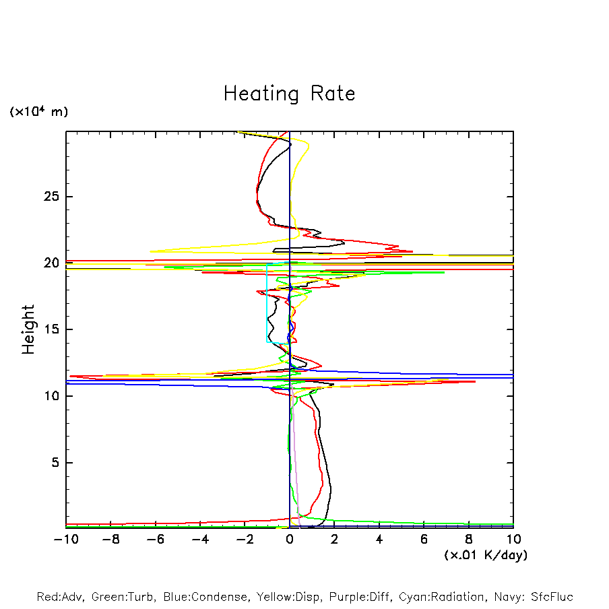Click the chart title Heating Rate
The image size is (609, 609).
click(289, 94)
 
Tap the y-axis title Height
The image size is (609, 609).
click(28, 329)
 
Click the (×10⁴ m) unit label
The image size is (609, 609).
click(38, 112)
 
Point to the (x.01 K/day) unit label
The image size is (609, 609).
click(486, 555)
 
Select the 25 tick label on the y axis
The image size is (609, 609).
click(51, 197)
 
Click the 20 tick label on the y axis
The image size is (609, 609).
click(51, 263)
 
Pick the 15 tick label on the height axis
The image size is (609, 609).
click(52, 329)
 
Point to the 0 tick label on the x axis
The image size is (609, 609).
click(290, 540)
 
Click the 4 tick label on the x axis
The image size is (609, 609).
click(379, 540)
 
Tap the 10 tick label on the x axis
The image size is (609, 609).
click(513, 540)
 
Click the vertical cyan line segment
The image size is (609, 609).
click(267, 303)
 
